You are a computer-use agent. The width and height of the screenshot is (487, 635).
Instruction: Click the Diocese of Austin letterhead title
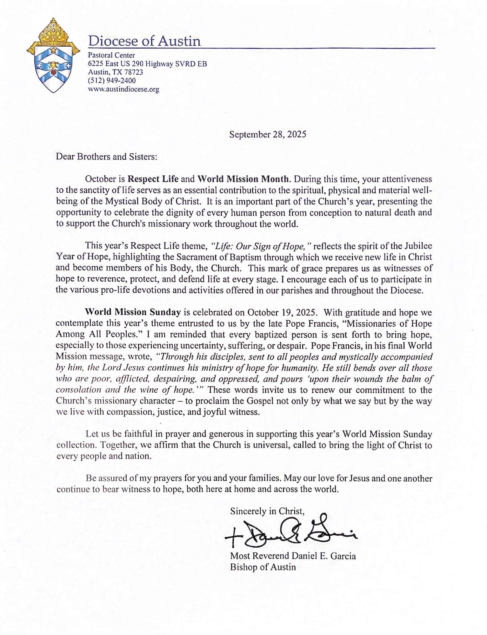[x=144, y=41]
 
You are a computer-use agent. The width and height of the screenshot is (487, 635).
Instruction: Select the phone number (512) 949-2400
[x=112, y=81]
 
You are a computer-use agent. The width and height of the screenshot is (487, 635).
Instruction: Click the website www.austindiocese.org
[x=123, y=89]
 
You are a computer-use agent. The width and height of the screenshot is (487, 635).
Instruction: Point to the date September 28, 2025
[x=268, y=134]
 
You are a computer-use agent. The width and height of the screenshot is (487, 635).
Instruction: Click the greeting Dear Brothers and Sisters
[x=106, y=157]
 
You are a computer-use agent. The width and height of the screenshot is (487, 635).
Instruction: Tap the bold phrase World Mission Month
[x=243, y=179]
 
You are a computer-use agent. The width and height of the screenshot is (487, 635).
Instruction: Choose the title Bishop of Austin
[x=263, y=567]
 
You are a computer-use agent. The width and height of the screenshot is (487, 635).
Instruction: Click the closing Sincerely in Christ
[x=267, y=511]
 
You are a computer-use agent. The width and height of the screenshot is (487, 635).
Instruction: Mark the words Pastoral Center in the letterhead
[x=111, y=55]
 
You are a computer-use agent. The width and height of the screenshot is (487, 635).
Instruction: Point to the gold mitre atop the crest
[x=53, y=33]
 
